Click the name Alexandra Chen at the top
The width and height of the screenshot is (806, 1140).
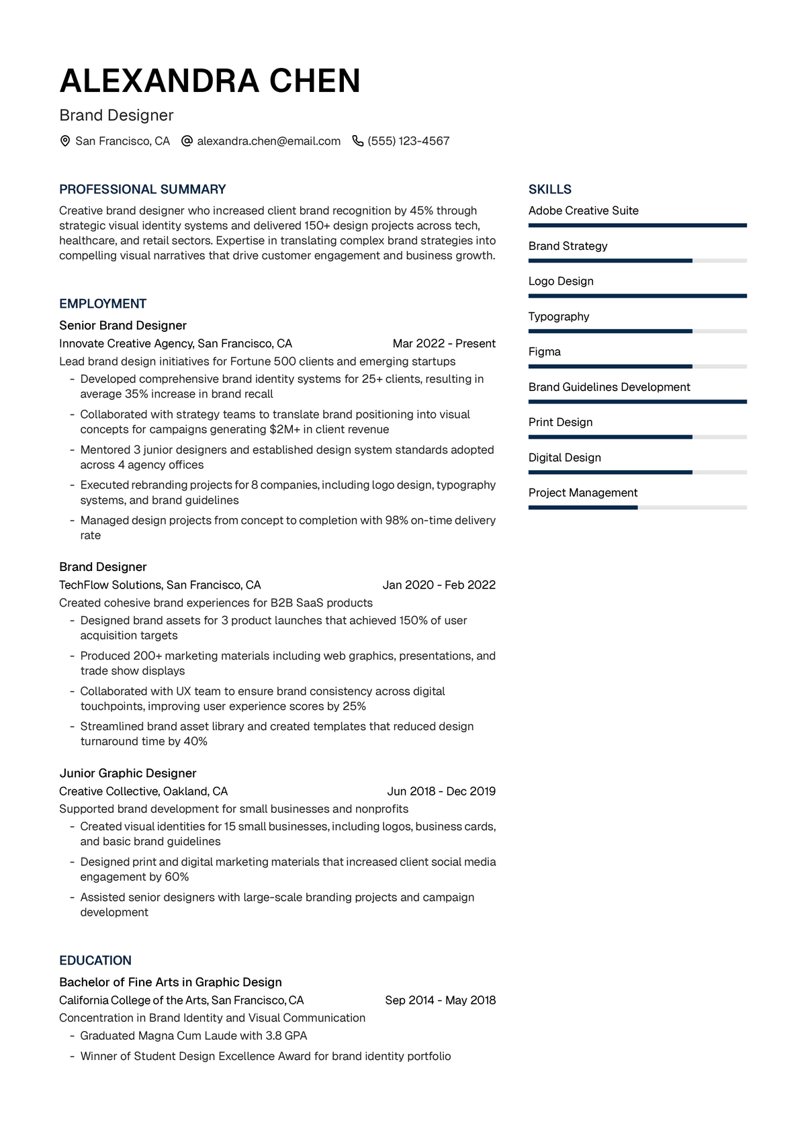coord(210,81)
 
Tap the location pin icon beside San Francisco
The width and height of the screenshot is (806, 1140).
coord(65,141)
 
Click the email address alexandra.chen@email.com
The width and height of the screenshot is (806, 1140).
coord(269,141)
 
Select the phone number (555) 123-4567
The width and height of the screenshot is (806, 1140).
coord(408,141)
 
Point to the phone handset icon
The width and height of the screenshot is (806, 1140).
coord(358,141)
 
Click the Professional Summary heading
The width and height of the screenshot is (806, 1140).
coord(142,189)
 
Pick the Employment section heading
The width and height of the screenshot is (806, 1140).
coord(103,304)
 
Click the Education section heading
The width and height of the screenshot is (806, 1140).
coord(95,961)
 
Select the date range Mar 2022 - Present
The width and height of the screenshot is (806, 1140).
coord(444,344)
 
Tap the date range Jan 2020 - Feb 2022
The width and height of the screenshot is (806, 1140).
coord(439,585)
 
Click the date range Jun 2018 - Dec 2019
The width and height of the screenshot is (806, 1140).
coord(441,791)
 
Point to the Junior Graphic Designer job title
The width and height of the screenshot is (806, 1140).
coord(128,773)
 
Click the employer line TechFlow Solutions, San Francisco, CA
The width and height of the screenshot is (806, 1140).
coord(160,585)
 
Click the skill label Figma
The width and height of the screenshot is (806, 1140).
coord(544,352)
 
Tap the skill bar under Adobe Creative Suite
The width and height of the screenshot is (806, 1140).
coord(637,226)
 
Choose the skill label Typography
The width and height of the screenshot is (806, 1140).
coord(559,316)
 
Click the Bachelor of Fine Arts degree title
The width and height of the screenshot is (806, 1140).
coord(171,982)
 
